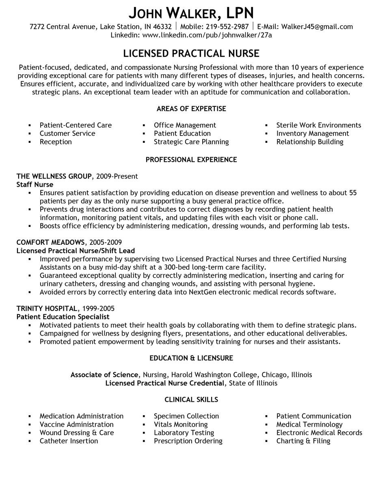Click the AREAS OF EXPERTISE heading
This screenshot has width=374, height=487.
tap(191, 109)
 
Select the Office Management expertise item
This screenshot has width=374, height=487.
tap(185, 125)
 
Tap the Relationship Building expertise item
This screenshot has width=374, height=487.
tap(309, 142)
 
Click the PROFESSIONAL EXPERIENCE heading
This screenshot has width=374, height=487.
tap(191, 159)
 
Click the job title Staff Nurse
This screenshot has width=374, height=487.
tap(35, 185)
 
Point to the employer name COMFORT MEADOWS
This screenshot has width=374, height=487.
tap(51, 242)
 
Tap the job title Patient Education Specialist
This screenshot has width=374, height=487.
tap(63, 317)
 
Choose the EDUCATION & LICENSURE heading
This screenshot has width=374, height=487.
tap(191, 358)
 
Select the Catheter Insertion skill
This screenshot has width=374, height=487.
tap(69, 441)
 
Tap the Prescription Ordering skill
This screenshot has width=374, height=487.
tap(188, 441)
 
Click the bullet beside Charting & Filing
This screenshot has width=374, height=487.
tap(266, 441)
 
